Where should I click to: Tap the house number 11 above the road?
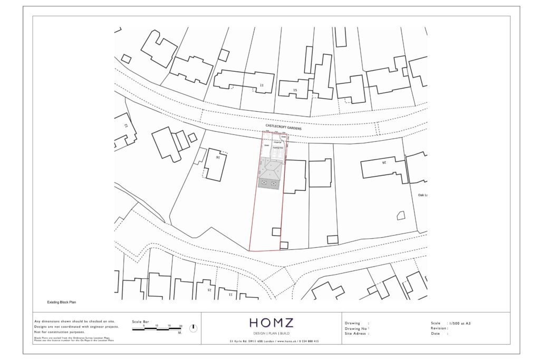[262, 85]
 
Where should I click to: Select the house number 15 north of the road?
[295, 91]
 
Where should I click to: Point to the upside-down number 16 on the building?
[216, 157]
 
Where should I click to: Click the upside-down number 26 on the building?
[384, 162]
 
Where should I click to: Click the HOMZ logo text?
[271, 323]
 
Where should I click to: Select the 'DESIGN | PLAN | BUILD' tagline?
[271, 334]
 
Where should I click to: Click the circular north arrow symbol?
[194, 328]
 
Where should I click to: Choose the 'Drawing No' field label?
[356, 328]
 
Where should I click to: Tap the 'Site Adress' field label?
[356, 334]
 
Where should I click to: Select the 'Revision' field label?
[439, 328]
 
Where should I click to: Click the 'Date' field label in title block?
[436, 334]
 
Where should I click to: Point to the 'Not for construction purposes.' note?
[59, 333]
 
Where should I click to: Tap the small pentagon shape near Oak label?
[401, 215]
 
